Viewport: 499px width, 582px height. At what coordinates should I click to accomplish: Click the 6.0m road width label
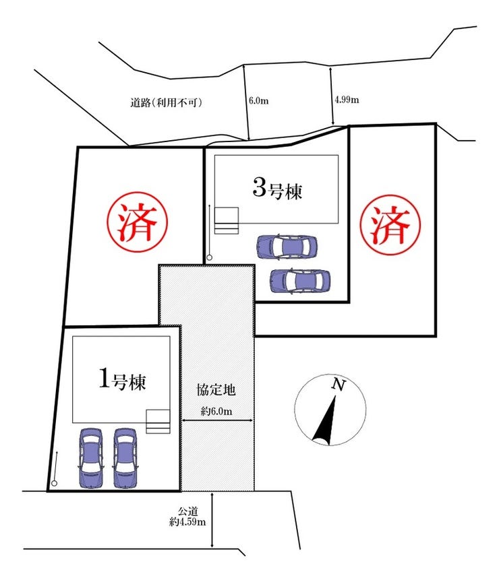pos(259,100)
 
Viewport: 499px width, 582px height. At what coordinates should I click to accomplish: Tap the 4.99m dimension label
pos(347,100)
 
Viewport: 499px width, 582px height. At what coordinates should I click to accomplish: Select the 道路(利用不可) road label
pos(167,103)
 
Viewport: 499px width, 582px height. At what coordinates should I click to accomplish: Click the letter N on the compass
pos(339,386)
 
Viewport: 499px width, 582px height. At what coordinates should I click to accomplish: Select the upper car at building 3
pos(286,247)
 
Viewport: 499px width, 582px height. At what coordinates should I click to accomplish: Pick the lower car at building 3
pos(300,280)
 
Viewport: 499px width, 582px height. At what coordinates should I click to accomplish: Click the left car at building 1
pos(90,458)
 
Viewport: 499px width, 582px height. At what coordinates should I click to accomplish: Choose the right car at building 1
pos(125,458)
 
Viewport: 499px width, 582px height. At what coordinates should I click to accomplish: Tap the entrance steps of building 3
pos(227,220)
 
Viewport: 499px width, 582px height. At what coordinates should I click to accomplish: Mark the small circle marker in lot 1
pos(54,482)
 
